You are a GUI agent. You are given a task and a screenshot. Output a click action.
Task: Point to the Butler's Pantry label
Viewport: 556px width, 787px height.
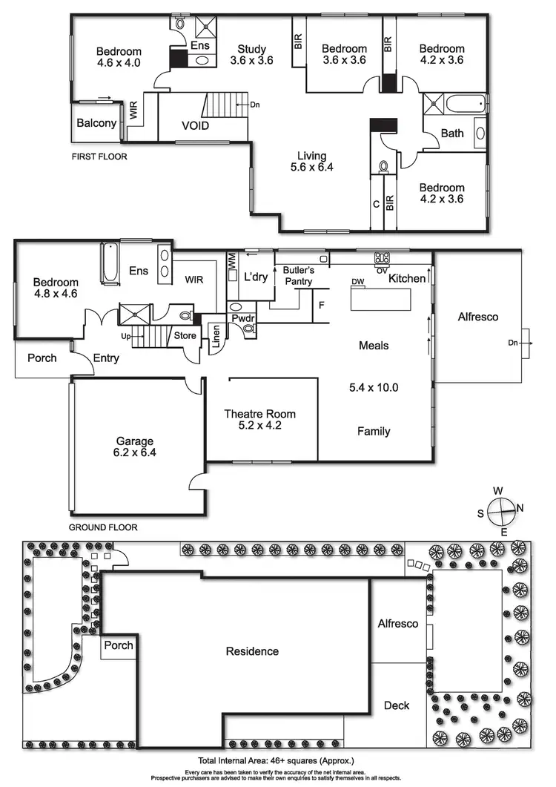pos(294,276)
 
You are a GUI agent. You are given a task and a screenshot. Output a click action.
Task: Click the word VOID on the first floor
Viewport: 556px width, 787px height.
pos(195,125)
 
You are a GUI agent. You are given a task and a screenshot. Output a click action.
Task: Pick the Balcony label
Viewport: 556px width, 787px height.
pos(96,122)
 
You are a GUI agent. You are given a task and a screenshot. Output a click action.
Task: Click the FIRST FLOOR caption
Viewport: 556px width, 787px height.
pos(99,157)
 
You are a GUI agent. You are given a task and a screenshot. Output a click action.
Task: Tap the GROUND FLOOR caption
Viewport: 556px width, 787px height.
pos(103,527)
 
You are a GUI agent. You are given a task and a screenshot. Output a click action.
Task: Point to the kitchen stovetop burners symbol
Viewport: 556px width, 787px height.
pos(383,258)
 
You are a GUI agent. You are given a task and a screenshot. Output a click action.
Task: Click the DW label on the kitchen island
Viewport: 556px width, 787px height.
pos(358,282)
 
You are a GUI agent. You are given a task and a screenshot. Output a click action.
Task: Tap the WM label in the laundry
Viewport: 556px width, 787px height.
pos(231,261)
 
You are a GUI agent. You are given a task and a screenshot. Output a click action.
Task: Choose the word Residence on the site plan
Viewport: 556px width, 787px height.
pos(252,651)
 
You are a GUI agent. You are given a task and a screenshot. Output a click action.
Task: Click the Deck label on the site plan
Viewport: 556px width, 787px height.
pos(396,705)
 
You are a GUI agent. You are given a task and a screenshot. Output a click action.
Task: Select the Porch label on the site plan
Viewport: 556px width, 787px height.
pos(119,645)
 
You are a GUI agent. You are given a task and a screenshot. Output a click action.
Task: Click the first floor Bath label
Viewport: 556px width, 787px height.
pos(452,134)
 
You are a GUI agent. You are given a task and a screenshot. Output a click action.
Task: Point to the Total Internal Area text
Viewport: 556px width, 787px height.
pos(277,760)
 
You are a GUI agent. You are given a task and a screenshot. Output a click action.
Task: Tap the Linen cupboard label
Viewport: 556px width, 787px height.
pos(214,337)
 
